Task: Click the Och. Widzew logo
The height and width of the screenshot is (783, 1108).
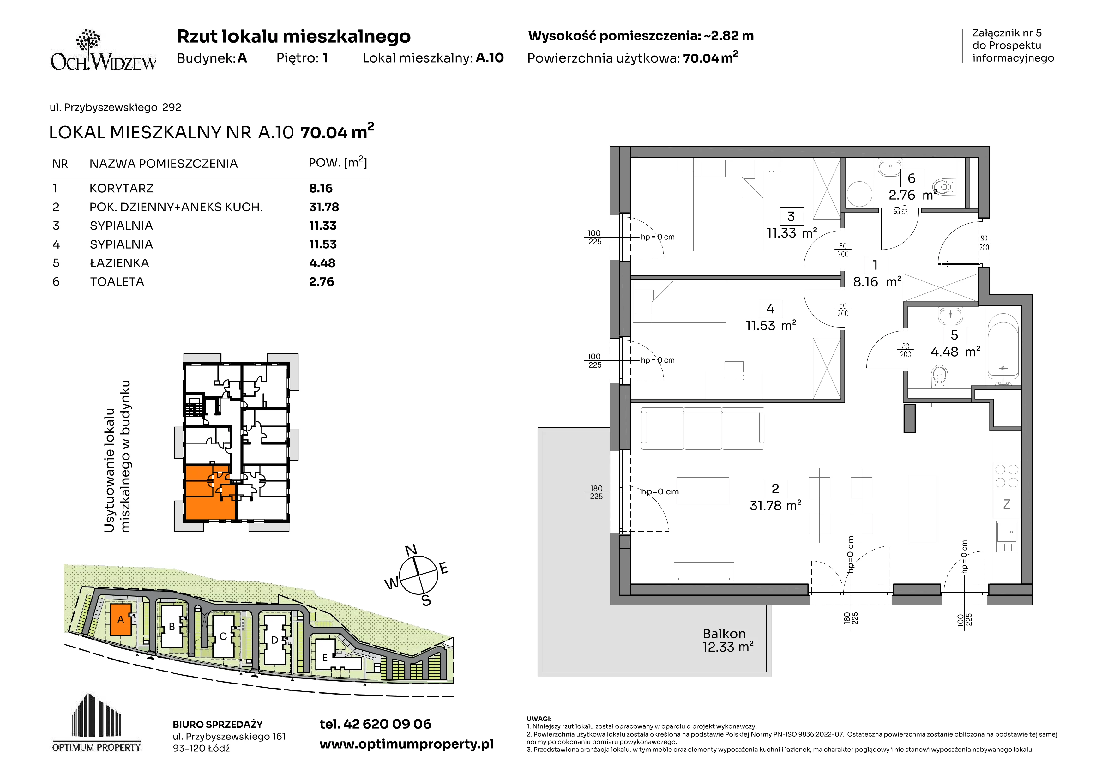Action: tap(104, 50)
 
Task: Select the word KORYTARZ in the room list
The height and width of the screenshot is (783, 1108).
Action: tap(122, 188)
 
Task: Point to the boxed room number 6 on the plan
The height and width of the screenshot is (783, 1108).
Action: tap(912, 178)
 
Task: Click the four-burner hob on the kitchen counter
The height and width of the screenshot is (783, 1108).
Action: tap(1007, 476)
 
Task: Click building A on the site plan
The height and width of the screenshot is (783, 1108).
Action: tap(121, 619)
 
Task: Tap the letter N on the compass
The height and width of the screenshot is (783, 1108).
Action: tap(411, 551)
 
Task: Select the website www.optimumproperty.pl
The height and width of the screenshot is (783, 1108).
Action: tap(406, 744)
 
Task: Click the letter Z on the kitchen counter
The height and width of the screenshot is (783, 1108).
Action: tap(1006, 504)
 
